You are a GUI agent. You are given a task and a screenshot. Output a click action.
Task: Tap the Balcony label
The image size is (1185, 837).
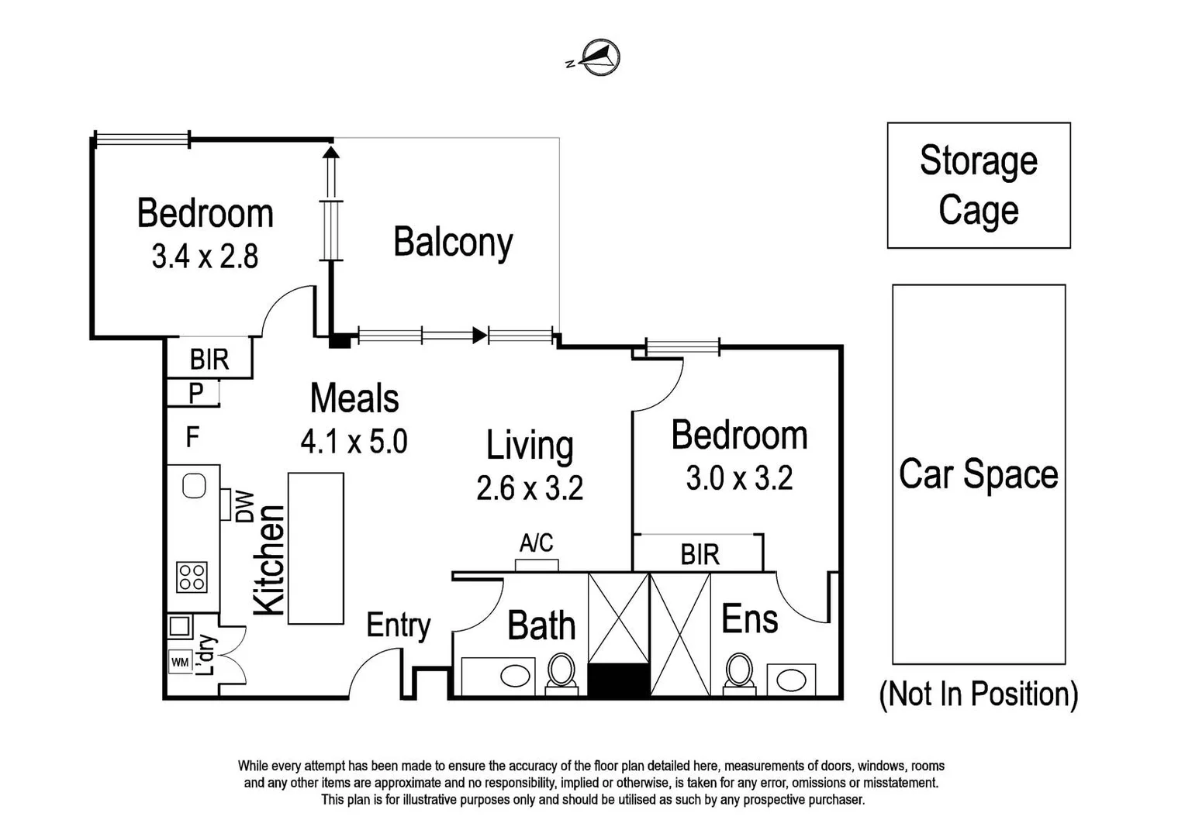pyautogui.click(x=453, y=243)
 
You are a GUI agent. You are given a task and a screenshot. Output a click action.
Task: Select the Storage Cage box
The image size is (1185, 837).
pyautogui.click(x=979, y=185)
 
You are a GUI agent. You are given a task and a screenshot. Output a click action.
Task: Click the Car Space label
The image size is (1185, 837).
pyautogui.click(x=979, y=474)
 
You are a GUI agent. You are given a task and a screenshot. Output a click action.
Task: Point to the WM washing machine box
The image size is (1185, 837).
pyautogui.click(x=181, y=662)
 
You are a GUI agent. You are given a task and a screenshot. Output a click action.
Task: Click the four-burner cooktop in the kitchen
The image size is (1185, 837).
pyautogui.click(x=192, y=577)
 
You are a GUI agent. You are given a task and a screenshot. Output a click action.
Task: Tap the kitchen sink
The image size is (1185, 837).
pyautogui.click(x=194, y=485)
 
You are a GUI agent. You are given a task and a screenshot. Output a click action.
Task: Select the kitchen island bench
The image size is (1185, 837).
pyautogui.click(x=316, y=548)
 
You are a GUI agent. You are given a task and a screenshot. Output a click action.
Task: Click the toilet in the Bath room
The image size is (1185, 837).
pyautogui.click(x=561, y=673)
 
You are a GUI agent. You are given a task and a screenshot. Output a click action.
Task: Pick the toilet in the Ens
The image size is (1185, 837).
pyautogui.click(x=739, y=673)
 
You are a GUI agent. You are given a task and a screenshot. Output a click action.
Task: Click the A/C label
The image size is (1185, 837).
pyautogui.click(x=537, y=543)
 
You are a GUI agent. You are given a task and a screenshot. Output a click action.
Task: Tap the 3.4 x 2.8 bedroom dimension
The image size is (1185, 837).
pyautogui.click(x=205, y=256)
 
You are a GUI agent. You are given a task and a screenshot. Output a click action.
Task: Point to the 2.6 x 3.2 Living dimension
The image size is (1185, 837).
pyautogui.click(x=530, y=488)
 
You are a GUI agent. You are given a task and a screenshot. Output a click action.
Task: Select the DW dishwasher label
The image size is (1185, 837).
pyautogui.click(x=245, y=507)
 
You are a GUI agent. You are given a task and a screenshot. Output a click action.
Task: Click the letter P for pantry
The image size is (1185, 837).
pyautogui.click(x=195, y=394)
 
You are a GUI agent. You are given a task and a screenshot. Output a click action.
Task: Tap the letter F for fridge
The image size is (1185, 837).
pyautogui.click(x=192, y=437)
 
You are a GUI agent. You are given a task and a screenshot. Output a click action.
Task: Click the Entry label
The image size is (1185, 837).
pyautogui.click(x=399, y=626)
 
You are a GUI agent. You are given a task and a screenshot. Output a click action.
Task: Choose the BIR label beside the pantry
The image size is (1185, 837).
pyautogui.click(x=209, y=360)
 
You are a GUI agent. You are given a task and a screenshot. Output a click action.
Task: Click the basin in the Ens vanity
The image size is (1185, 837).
pyautogui.click(x=791, y=680)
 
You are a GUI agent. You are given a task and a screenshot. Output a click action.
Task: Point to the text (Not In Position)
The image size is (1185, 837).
pyautogui.click(x=978, y=694)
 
